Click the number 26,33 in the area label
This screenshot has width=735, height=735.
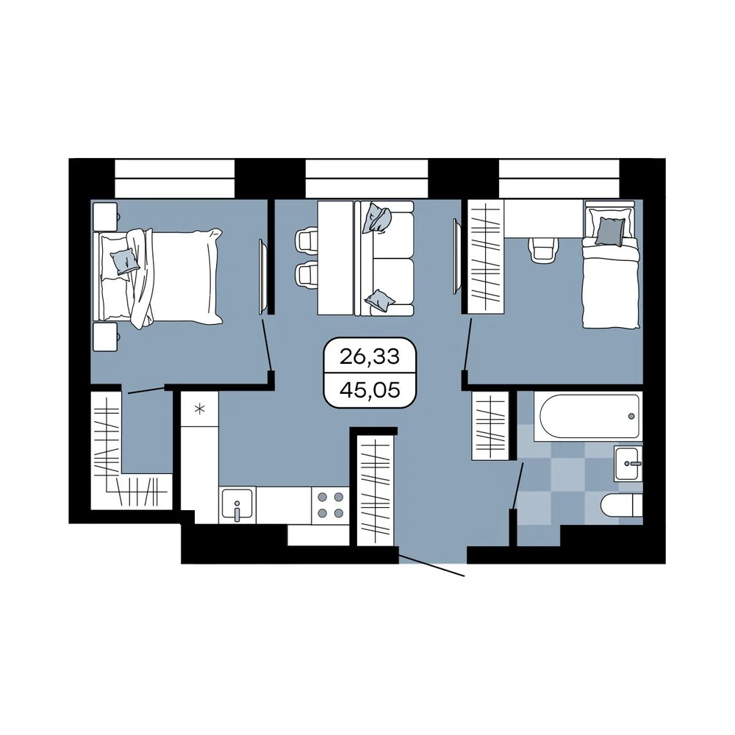pyautogui.click(x=370, y=356)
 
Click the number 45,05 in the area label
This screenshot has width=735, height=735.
pyautogui.click(x=370, y=390)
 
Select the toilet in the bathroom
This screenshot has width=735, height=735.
pyautogui.click(x=622, y=506)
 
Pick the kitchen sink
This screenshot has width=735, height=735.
pyautogui.click(x=237, y=505)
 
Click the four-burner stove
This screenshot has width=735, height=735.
pyautogui.click(x=331, y=505)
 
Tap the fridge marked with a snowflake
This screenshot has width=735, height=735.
pyautogui.click(x=200, y=409)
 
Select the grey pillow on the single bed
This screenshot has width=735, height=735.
pyautogui.click(x=610, y=232)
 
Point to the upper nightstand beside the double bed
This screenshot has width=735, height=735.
pyautogui.click(x=105, y=216)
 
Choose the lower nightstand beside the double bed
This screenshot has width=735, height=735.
pyautogui.click(x=105, y=337)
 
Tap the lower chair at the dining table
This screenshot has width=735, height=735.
pyautogui.click(x=306, y=275)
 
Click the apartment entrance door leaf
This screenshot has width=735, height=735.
pyautogui.click(x=431, y=565)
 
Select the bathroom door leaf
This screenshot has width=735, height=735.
pyautogui.click(x=518, y=486)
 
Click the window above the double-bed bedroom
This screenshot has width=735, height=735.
pyautogui.click(x=174, y=178)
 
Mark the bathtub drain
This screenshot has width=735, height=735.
pyautogui.click(x=631, y=416)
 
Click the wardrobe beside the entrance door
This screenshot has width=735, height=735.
pyautogui.click(x=375, y=491)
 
